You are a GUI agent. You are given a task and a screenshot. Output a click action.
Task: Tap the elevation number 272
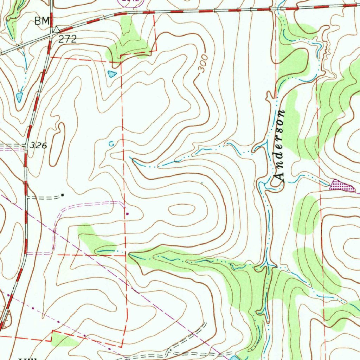coord(67,39)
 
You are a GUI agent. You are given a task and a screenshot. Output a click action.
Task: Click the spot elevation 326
coord(38,145)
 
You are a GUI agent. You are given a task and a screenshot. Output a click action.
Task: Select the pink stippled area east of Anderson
coord(341,186)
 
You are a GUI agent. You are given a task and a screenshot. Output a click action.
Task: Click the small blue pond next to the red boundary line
coord(112,74)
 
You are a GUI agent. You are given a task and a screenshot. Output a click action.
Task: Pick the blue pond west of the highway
coord(20,97)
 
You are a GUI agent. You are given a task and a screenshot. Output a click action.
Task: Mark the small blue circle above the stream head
coord(111,143)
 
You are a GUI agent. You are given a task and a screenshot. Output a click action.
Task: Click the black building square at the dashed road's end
coord(63,194)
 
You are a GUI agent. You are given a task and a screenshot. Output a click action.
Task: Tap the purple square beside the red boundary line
coord(127,213)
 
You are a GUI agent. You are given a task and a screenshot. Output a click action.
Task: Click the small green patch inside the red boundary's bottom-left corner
coord(63,339)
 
